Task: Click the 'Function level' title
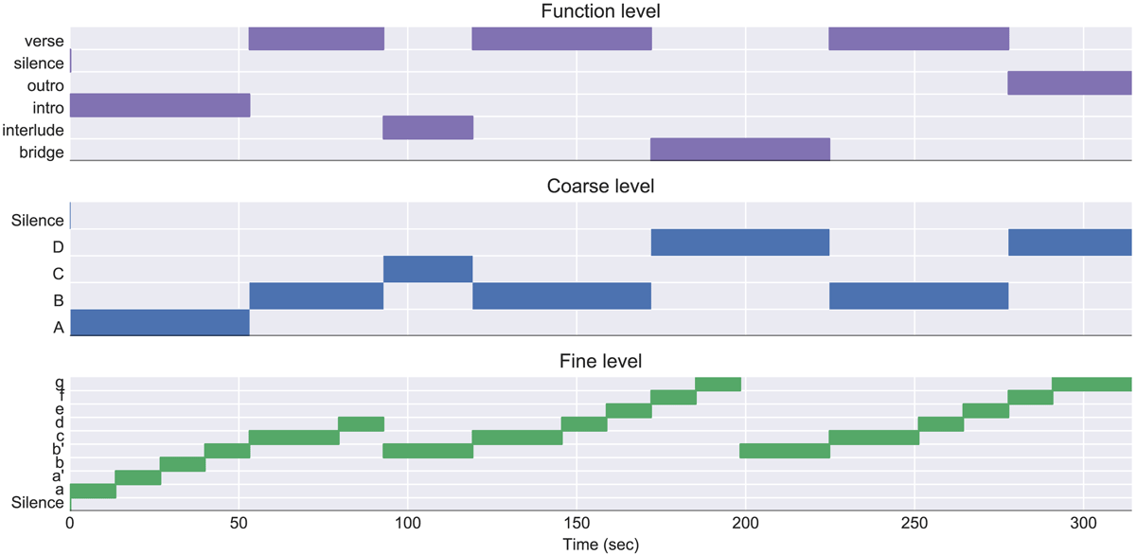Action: [601, 11]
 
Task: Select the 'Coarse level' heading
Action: [601, 186]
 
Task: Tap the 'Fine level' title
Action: [601, 361]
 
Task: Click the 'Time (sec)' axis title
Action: [601, 545]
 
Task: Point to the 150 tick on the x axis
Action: [577, 524]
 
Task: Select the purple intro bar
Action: [159, 105]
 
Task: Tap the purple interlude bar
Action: [428, 127]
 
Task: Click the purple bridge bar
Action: [740, 150]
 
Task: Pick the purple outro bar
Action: [1070, 82]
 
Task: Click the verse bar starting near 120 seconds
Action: [561, 39]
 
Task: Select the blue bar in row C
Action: [428, 269]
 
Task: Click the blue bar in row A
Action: [159, 322]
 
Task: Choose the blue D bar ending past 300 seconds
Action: [1070, 242]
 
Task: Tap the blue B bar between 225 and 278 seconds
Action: [918, 295]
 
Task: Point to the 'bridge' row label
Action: [41, 152]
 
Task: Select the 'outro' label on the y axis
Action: [45, 85]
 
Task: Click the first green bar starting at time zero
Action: [93, 491]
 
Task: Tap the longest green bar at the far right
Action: [1092, 384]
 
